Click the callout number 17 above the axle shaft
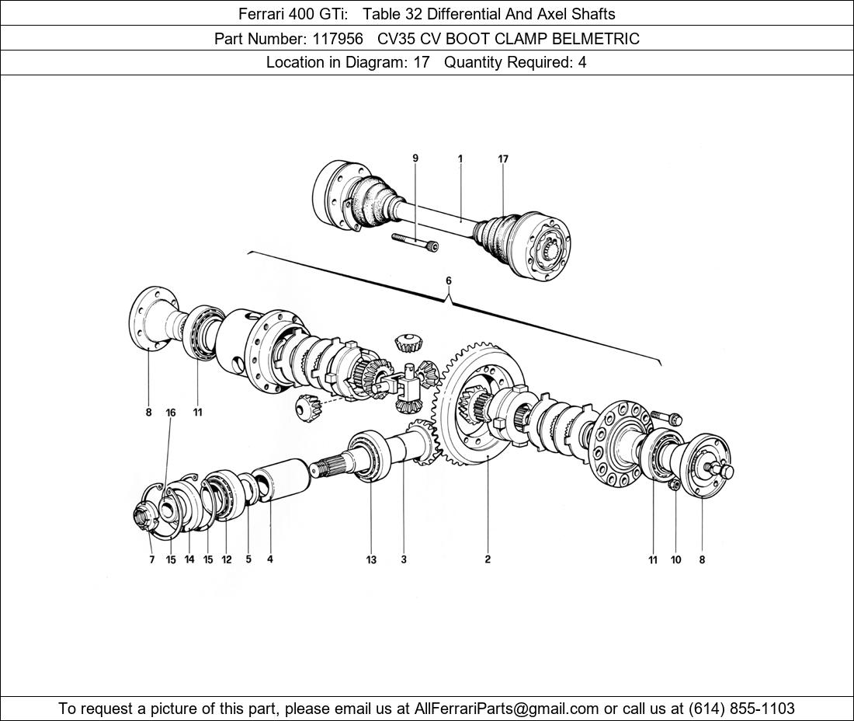click(x=503, y=159)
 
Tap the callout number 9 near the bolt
click(x=415, y=158)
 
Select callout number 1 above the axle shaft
click(x=460, y=159)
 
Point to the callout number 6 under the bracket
click(x=448, y=281)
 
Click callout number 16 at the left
click(x=171, y=413)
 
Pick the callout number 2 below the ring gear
click(x=488, y=559)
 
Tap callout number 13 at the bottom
click(x=371, y=559)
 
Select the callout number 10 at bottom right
click(x=675, y=559)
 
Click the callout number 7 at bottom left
click(x=152, y=559)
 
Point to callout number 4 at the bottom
click(x=270, y=559)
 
